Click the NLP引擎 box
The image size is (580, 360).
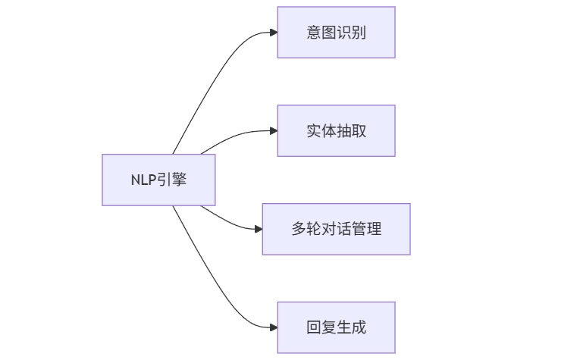click(158, 180)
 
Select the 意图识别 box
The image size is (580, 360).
click(336, 32)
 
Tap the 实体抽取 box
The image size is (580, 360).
click(336, 130)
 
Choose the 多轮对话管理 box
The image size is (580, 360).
click(336, 229)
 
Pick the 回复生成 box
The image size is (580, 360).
click(336, 327)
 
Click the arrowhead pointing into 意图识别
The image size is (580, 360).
click(273, 33)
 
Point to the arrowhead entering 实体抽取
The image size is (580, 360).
click(273, 130)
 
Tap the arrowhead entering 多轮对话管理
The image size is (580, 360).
click(258, 229)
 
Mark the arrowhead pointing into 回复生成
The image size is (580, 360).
click(273, 327)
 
